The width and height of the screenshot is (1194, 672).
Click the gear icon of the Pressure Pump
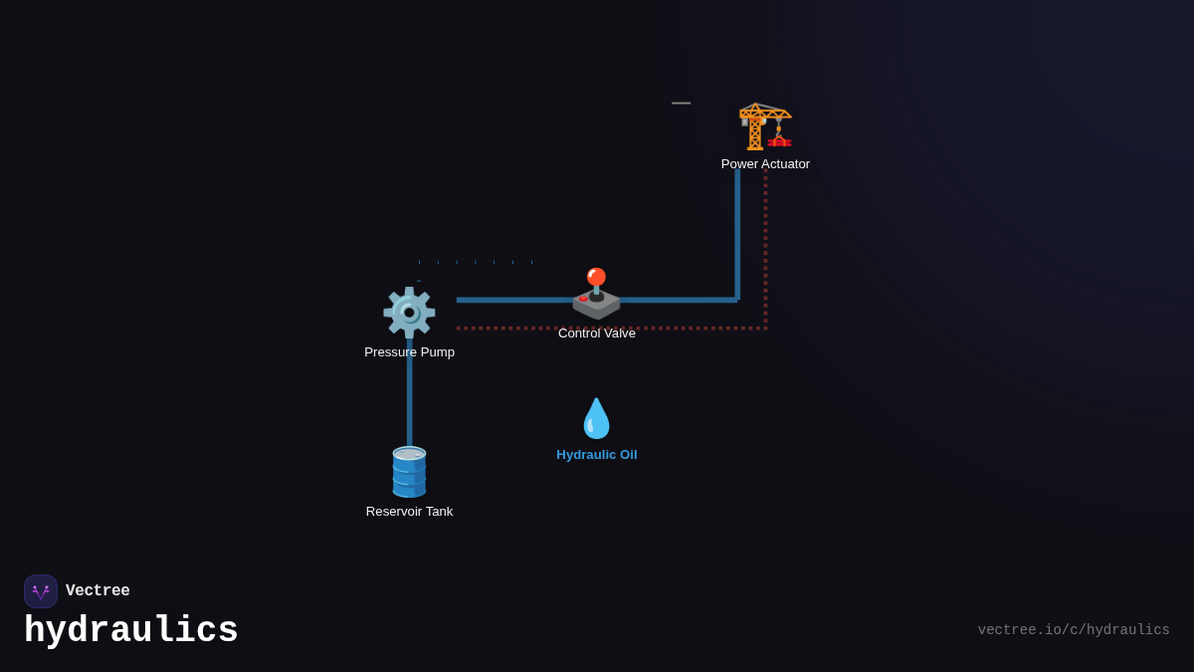[x=409, y=313]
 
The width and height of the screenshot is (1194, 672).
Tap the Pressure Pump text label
[x=409, y=352]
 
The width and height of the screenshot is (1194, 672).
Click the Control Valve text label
[x=597, y=334]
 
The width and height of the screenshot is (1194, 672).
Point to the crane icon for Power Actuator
[x=765, y=126]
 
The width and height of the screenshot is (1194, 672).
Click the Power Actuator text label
[x=765, y=164]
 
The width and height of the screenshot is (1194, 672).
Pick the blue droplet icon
[x=596, y=418]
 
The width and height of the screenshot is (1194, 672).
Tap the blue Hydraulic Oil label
[x=597, y=455]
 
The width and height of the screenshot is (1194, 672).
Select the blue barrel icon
[x=409, y=472]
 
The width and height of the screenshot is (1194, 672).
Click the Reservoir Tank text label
[x=409, y=512]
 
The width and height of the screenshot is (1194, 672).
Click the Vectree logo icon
[x=41, y=591]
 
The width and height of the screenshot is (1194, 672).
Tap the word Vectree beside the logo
[x=98, y=591]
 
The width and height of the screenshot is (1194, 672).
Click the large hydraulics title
[x=131, y=631]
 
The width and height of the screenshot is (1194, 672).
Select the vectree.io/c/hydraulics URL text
[x=1074, y=630]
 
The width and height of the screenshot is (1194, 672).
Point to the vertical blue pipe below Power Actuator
[x=737, y=234]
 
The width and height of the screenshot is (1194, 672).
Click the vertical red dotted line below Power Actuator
[x=765, y=249]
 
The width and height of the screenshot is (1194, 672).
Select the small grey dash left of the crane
[x=681, y=103]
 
